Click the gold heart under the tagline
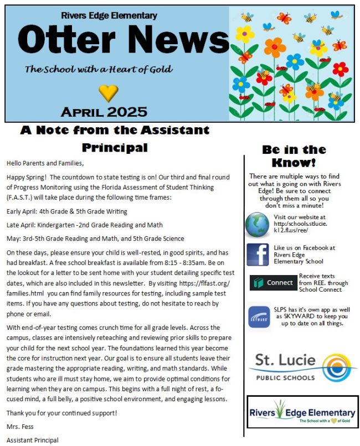(108, 92)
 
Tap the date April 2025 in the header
(104, 112)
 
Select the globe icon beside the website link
(257, 224)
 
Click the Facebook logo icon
(258, 255)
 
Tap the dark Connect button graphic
(273, 283)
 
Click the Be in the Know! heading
(294, 156)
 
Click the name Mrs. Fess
(19, 427)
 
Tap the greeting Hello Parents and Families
(45, 163)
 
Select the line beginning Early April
(67, 211)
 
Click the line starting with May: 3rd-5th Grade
(95, 238)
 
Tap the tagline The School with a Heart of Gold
(99, 70)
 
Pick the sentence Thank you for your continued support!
(61, 413)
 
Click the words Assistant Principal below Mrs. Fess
(32, 440)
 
